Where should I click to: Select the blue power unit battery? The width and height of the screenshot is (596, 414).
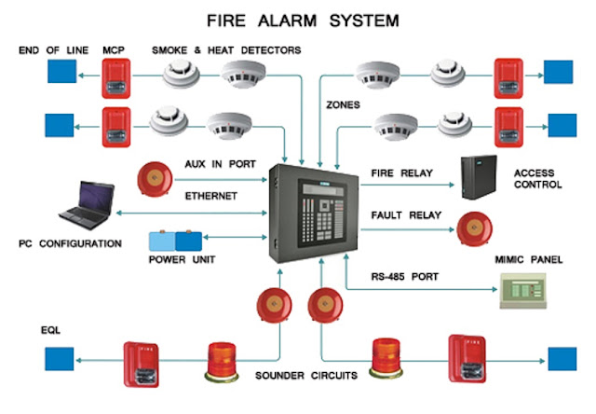[175, 241]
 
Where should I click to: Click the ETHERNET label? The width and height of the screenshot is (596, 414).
[211, 197]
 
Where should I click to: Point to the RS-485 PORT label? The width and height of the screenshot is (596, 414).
[391, 276]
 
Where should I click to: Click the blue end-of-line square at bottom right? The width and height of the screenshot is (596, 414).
[562, 357]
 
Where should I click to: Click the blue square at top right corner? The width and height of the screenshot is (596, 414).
[560, 72]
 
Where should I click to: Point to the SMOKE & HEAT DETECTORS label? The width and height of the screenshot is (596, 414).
[227, 49]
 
